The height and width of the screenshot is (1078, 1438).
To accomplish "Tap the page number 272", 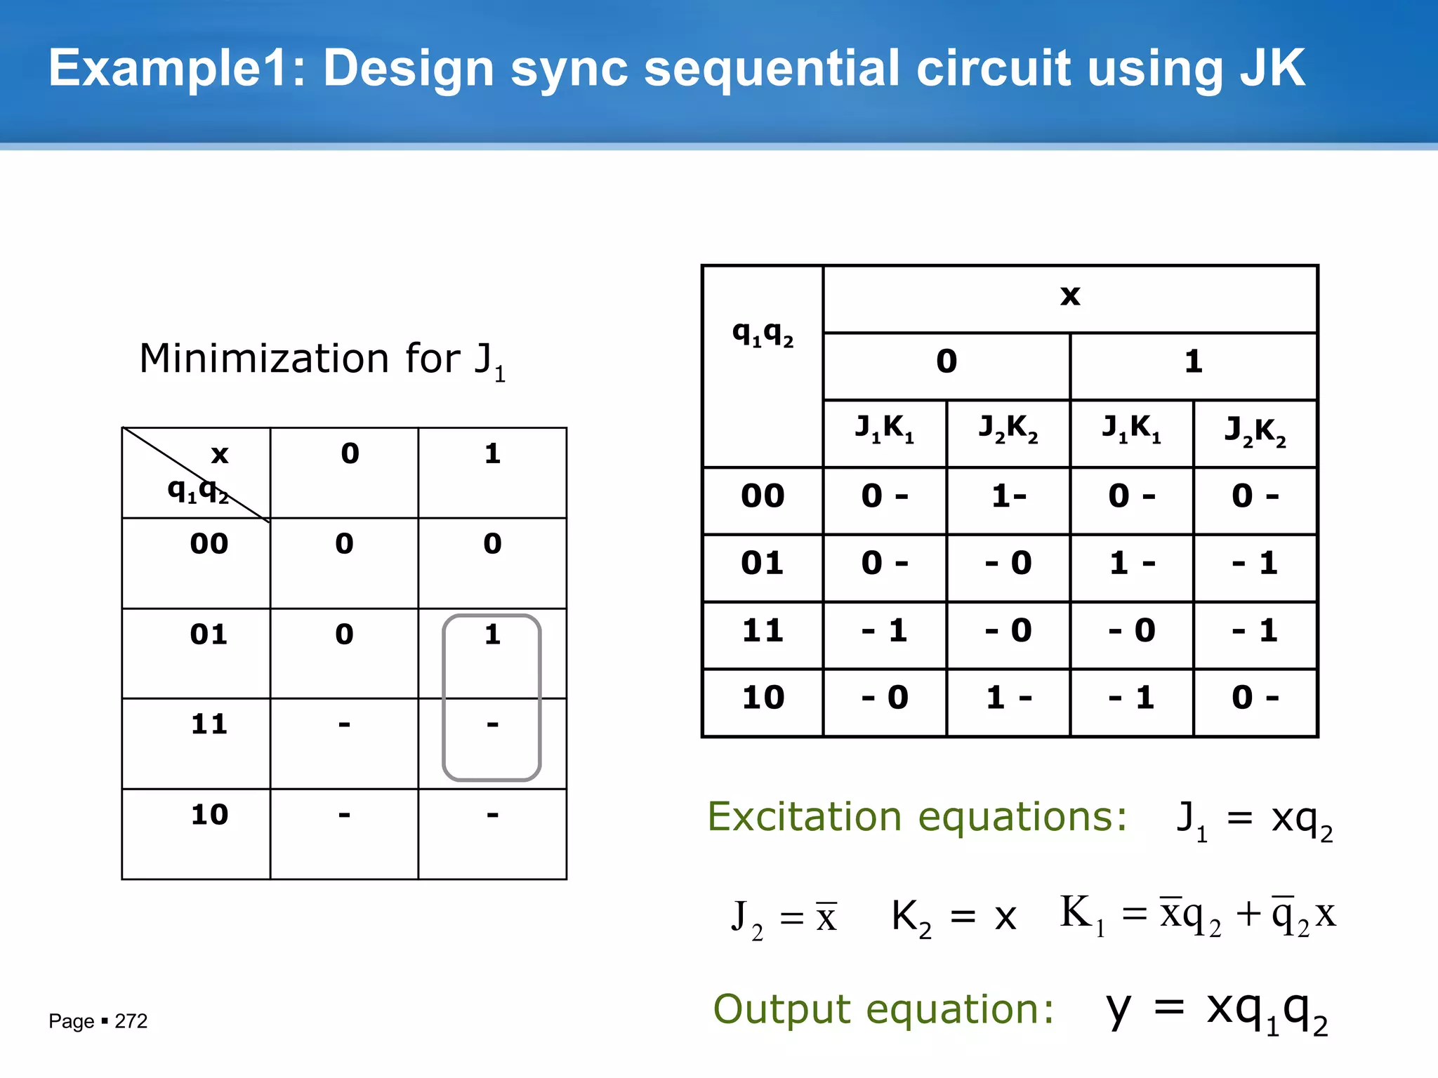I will pos(131,1021).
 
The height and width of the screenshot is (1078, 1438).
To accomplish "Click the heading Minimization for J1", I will pos(322,360).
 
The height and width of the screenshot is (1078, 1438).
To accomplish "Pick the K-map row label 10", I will pos(209,815).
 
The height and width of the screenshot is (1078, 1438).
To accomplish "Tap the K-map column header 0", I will pos(350,454).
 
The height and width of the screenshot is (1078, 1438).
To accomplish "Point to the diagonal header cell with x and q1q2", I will pos(196,472).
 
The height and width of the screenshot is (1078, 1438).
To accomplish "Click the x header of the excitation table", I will pos(1069,296).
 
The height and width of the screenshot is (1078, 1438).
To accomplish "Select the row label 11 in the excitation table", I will pos(763,630).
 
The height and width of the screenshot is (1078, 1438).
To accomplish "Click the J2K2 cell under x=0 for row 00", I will pos(1008,497).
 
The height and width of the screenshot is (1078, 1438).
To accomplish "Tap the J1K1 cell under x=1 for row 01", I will pos(1131,564).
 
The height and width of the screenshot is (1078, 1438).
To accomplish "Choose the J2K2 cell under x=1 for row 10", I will pos(1255,698).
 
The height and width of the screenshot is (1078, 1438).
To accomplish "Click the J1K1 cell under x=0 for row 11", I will pos(885,630).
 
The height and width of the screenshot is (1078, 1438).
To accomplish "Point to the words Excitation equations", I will pos(916,818).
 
